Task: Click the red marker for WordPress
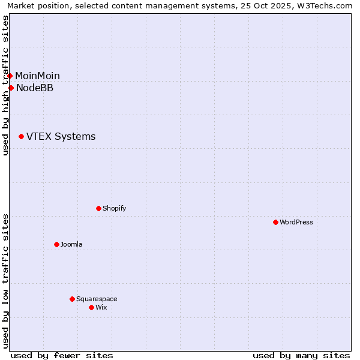[x=275, y=222]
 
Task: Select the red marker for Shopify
[x=98, y=208]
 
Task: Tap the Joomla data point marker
[x=56, y=244]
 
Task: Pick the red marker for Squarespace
[x=72, y=299]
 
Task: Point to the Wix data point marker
[x=91, y=307]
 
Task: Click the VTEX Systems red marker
[x=21, y=137]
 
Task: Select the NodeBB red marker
[x=11, y=88]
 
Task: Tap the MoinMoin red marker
[x=10, y=76]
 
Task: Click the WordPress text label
[x=296, y=223]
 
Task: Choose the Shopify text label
[x=114, y=209]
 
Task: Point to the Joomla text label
[x=71, y=245]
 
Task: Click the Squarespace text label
[x=97, y=299]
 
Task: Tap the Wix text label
[x=101, y=308]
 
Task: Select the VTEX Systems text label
[x=61, y=137]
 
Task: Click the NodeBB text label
[x=35, y=88]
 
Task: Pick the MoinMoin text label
[x=37, y=76]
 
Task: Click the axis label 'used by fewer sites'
[x=62, y=356]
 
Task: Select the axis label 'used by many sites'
[x=301, y=356]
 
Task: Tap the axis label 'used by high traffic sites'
[x=5, y=85]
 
